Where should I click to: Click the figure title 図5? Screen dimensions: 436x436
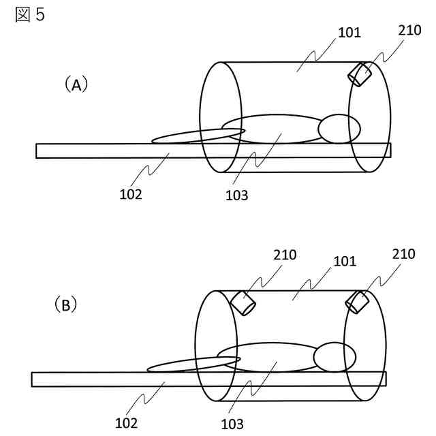pos(30,14)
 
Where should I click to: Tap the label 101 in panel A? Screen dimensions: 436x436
pos(348,32)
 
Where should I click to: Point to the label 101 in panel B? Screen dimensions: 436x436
pos(344,261)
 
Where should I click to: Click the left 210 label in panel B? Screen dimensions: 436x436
pos(284,255)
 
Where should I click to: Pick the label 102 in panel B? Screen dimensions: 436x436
pos(126,423)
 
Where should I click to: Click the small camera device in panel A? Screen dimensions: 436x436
pos(360,74)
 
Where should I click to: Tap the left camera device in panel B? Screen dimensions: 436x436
pos(243,302)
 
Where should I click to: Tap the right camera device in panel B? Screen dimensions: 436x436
pos(357,301)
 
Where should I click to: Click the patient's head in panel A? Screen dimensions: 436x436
pos(339,129)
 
